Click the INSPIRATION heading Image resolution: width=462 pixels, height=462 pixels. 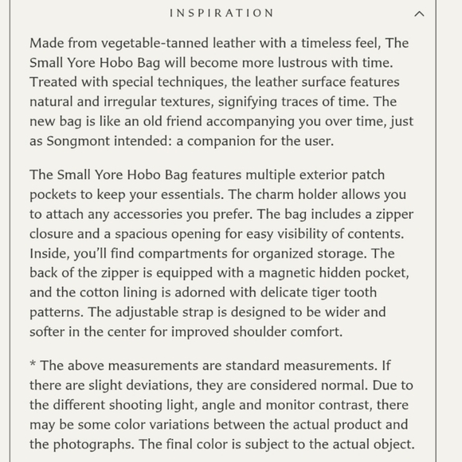click(x=222, y=14)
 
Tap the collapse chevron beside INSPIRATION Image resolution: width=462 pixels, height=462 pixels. click(x=419, y=14)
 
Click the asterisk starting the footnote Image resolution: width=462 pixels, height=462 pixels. click(x=33, y=366)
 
